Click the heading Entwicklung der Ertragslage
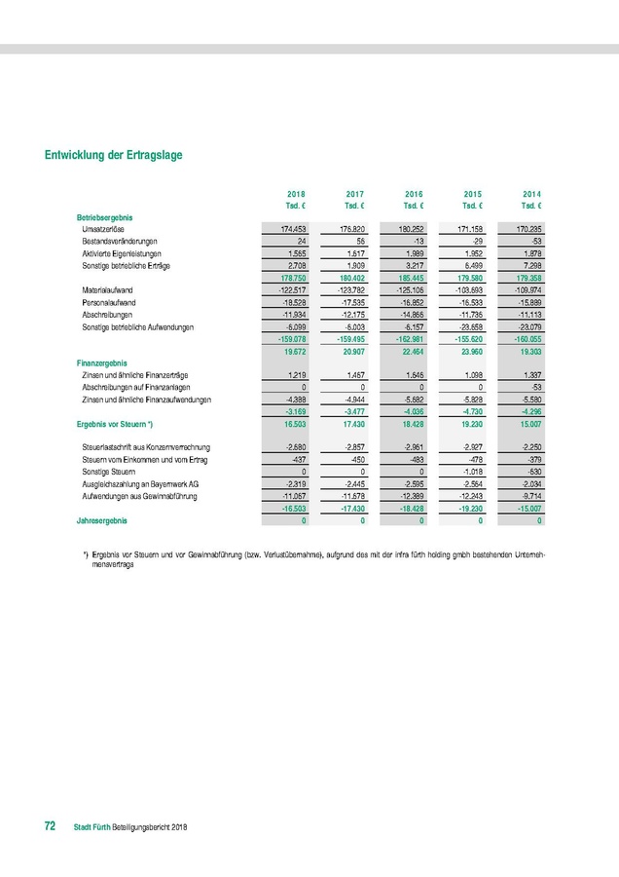(114, 155)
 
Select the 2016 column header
(414, 194)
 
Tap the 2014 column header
(531, 194)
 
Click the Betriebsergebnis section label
(104, 215)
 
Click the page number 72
(50, 826)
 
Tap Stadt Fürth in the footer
(92, 827)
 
